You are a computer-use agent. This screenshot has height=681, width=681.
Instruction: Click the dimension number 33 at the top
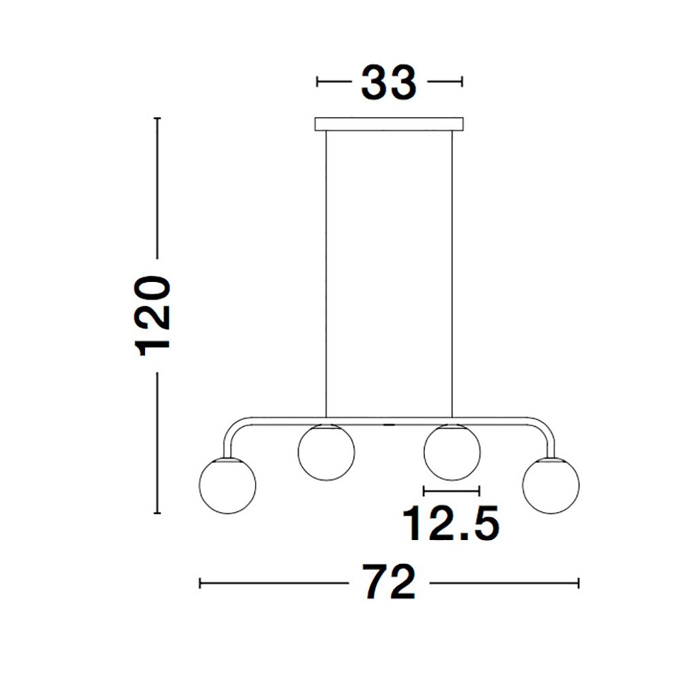click(388, 83)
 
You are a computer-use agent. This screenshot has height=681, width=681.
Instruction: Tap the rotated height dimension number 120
click(153, 316)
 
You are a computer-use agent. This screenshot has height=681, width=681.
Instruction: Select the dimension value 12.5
click(451, 523)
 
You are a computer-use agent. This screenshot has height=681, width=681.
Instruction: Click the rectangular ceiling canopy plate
click(389, 125)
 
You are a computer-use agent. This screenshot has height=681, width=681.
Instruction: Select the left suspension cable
click(326, 272)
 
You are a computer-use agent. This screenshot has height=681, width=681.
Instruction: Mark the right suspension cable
click(452, 272)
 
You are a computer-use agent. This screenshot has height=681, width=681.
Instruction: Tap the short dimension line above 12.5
click(452, 490)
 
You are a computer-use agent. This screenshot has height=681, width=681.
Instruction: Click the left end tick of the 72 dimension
click(200, 583)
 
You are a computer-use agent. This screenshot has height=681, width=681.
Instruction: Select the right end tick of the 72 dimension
click(578, 583)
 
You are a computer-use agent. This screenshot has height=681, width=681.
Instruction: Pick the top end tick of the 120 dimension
click(157, 118)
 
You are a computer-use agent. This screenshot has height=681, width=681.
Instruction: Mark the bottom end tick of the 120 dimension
click(157, 513)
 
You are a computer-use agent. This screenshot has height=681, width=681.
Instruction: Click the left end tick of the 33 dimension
click(317, 82)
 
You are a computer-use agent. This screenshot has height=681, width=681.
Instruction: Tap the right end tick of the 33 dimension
click(462, 82)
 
